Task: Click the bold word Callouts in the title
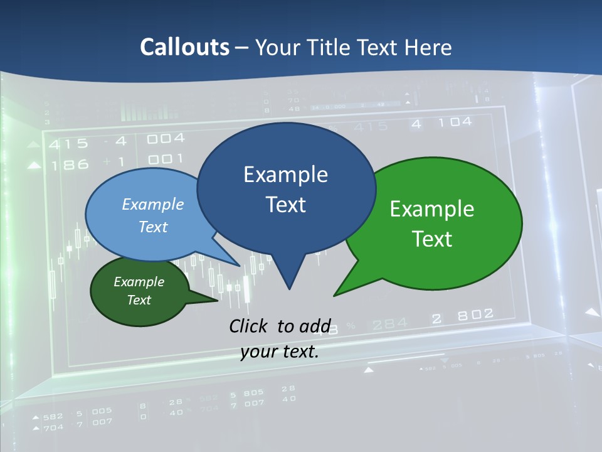184,47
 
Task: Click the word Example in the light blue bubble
153,204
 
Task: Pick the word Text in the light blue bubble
153,227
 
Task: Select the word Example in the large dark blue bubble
285,175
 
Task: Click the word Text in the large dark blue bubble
285,205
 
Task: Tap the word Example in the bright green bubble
432,209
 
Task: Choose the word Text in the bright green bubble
432,239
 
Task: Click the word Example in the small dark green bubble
139,282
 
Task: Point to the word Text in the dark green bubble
139,300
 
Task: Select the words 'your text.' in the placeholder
280,352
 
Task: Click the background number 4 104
441,123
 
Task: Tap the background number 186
70,165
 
